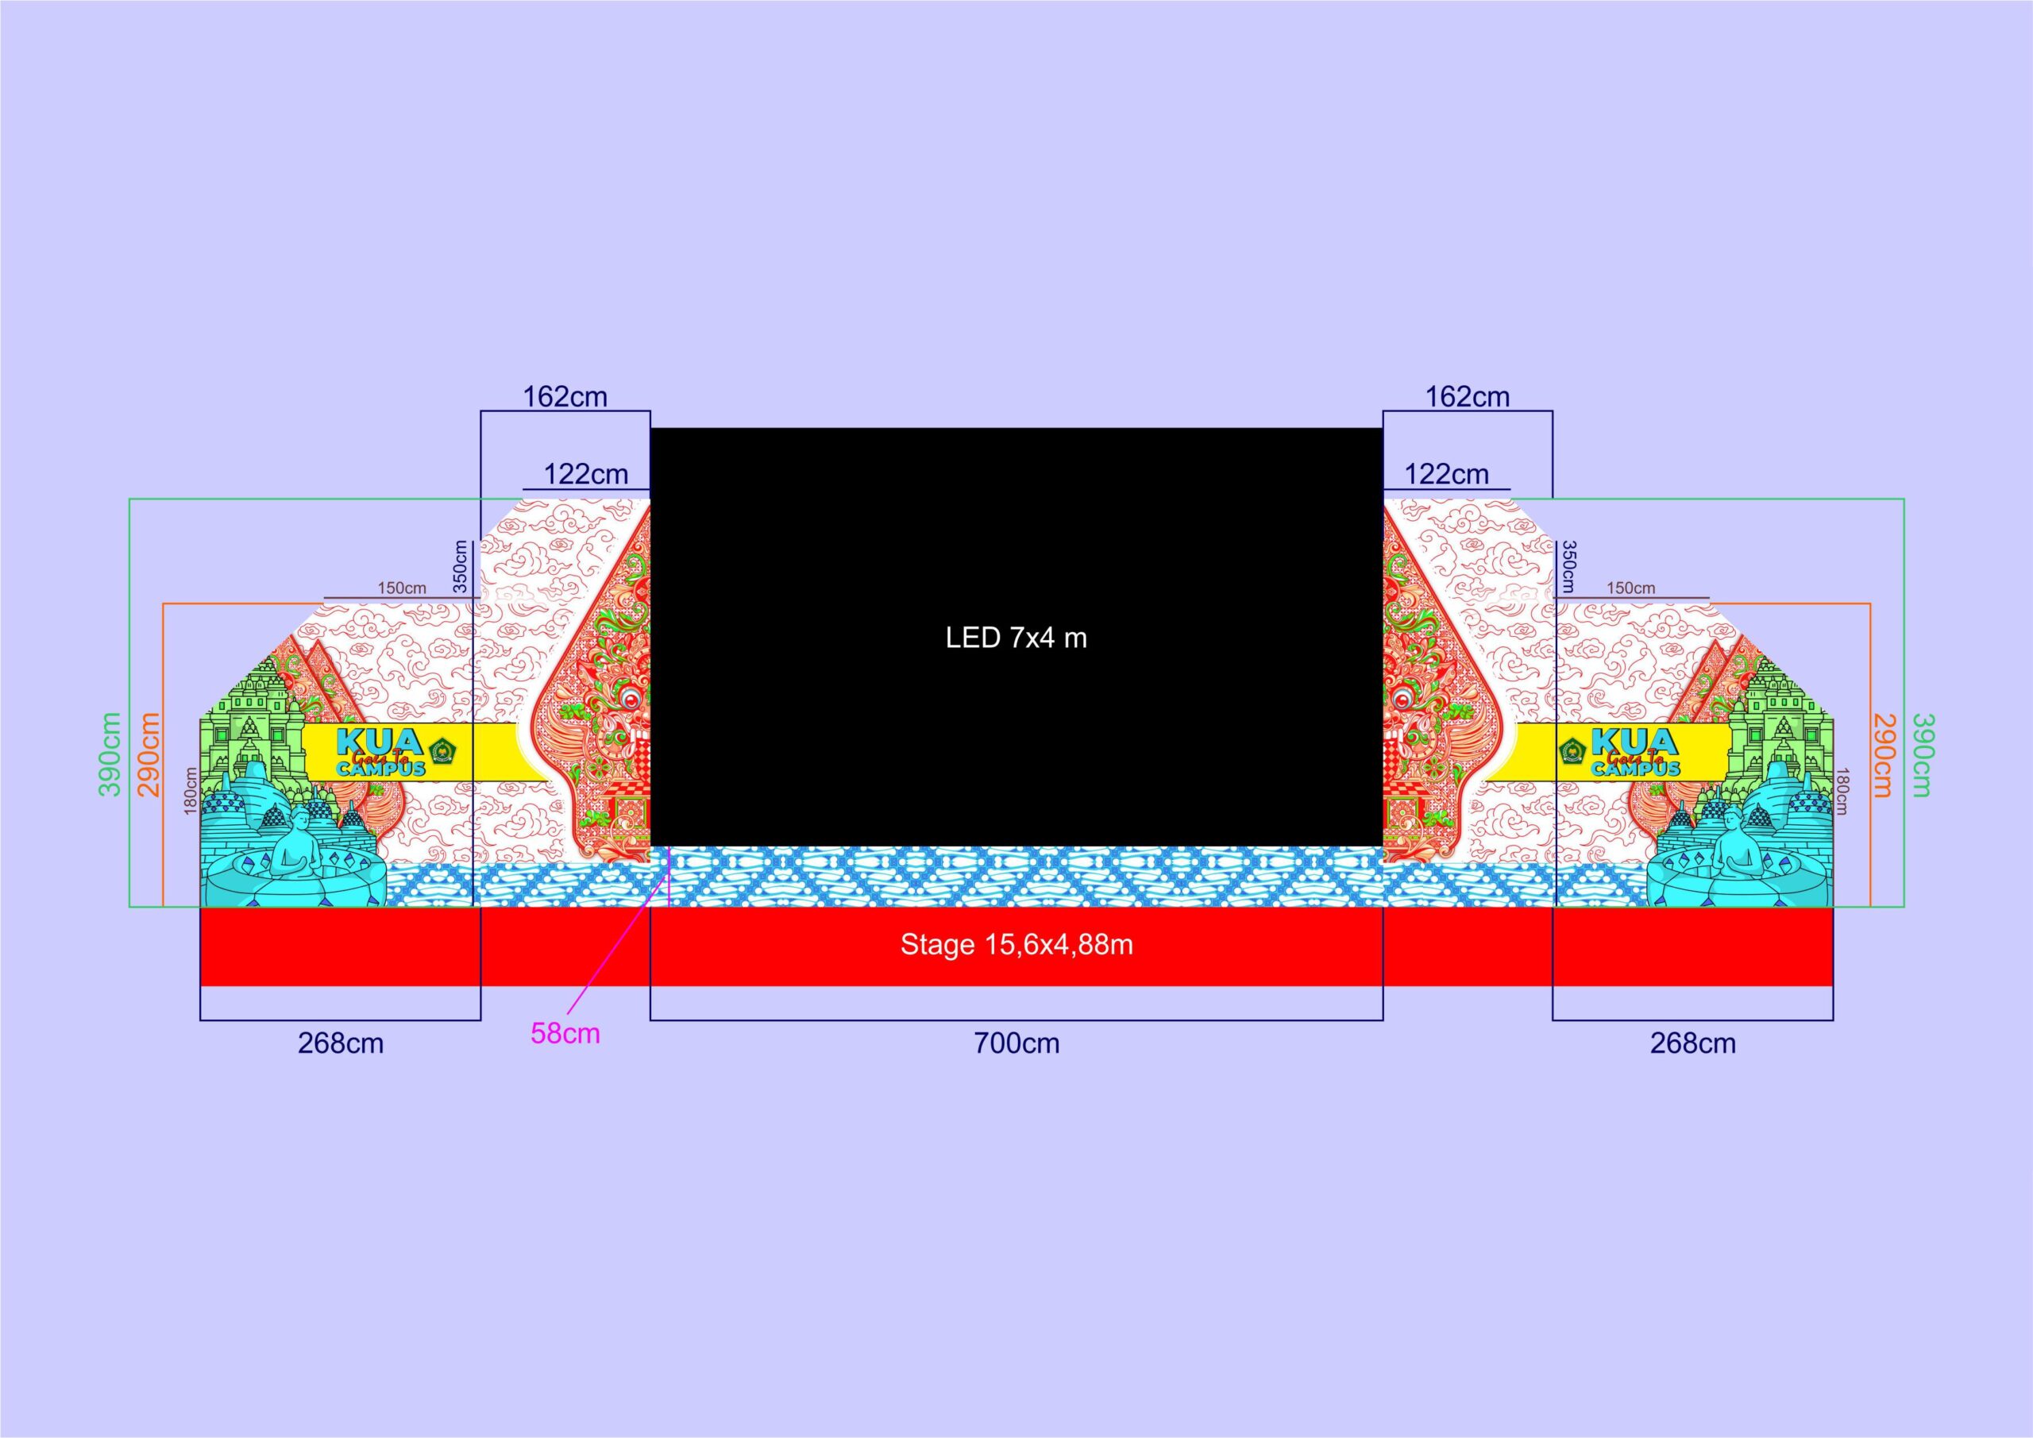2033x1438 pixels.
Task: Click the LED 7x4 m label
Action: coord(1016,638)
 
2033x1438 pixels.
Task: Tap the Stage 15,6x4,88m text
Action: coord(1016,945)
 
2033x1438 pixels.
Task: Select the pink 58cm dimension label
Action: coord(565,1033)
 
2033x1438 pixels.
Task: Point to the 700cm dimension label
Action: coord(1016,1043)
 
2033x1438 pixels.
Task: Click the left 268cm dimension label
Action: coord(340,1043)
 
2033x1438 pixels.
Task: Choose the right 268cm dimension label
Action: coord(1692,1043)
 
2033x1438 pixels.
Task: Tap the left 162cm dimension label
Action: coord(565,397)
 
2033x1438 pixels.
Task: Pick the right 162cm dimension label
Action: coord(1468,397)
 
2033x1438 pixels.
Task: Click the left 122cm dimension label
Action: coord(585,474)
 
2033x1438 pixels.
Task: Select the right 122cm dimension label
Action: coord(1447,474)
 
